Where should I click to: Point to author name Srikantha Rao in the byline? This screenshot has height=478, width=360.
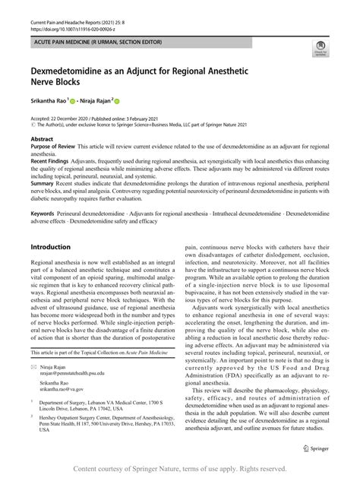51,99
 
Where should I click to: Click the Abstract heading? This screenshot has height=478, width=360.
42,140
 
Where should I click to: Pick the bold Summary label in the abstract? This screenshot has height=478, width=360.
43,182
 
